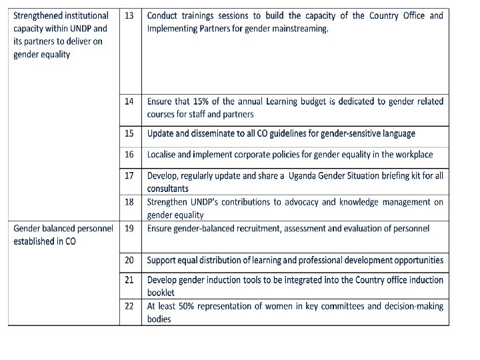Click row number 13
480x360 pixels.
(x=129, y=15)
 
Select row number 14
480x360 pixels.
(x=129, y=101)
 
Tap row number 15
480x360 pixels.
(x=129, y=133)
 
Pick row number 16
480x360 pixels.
(x=129, y=154)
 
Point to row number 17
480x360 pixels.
(x=129, y=175)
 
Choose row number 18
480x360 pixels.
(x=129, y=201)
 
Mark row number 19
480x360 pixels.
(x=129, y=228)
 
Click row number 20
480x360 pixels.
(x=129, y=260)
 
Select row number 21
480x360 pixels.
(x=129, y=279)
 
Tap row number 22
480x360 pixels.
(x=129, y=306)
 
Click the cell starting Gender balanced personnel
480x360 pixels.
(x=63, y=235)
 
